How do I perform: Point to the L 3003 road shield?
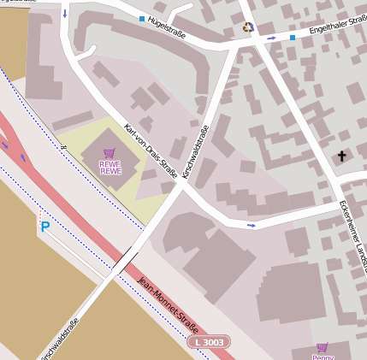pos(208,342)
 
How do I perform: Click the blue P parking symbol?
pos(44,227)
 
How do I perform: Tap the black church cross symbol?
pos(342,156)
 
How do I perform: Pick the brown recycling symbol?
pos(249,27)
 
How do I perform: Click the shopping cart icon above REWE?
pos(110,154)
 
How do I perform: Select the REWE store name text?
pos(110,168)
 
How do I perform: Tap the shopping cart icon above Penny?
pos(323,347)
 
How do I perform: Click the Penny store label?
pos(323,357)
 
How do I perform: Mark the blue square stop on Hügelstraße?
pos(142,18)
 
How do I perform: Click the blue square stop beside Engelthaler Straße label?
pos(292,38)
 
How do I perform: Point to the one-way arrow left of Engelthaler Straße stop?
pos(272,38)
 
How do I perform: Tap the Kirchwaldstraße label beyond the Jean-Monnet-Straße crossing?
pos(59,339)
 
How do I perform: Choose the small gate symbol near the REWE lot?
pos(62,146)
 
